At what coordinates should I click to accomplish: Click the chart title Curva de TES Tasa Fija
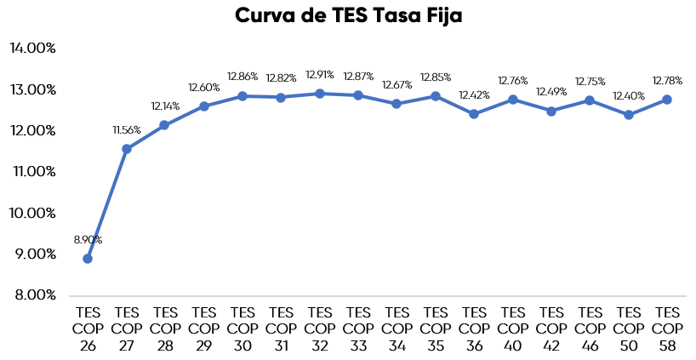tap(348, 16)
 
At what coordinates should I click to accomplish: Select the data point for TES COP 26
tap(88, 259)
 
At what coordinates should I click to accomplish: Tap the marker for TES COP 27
tap(126, 149)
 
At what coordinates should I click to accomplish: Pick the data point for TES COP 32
tap(320, 94)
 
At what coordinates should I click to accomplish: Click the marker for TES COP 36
tap(474, 114)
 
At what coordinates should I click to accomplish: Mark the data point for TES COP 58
tap(667, 100)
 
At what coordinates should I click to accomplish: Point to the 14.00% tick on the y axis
tap(33, 49)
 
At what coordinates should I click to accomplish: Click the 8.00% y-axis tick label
tap(33, 295)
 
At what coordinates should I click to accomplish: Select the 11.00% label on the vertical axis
tap(33, 172)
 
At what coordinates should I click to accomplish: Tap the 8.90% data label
tap(88, 241)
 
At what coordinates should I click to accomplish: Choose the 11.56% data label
tap(126, 131)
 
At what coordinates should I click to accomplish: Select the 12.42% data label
tap(474, 95)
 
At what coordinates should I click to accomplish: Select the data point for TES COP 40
tap(513, 100)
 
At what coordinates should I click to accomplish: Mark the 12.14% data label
tap(165, 107)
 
